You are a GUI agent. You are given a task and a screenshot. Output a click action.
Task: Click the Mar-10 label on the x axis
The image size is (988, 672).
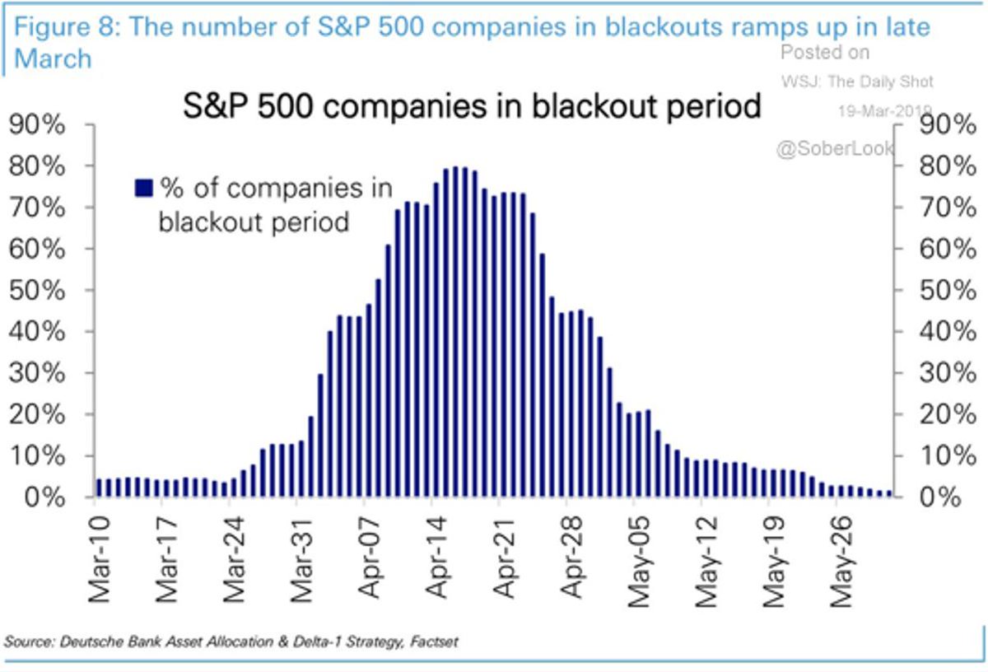(x=100, y=560)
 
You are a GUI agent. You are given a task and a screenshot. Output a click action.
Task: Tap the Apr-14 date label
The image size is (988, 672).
(x=436, y=558)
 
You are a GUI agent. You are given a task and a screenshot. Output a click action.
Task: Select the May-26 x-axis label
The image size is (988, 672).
(x=841, y=562)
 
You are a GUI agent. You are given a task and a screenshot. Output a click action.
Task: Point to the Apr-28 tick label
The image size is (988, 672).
(x=571, y=558)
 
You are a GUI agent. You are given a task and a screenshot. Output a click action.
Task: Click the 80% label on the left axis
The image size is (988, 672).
(x=37, y=166)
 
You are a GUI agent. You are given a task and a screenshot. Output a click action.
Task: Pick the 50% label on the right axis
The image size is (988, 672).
(x=948, y=291)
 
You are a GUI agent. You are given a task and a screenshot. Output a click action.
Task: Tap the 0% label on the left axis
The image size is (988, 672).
(x=44, y=497)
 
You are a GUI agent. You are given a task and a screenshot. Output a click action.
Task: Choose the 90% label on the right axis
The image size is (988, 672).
(x=948, y=124)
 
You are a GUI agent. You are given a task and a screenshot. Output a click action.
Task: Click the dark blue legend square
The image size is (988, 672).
(x=144, y=188)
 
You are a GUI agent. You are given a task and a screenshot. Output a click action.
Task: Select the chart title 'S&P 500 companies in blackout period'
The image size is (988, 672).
(x=472, y=106)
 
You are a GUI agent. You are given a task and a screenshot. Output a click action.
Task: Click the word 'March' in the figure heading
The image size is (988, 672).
(x=53, y=58)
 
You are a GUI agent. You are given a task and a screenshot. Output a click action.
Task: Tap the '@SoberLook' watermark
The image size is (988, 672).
(x=836, y=149)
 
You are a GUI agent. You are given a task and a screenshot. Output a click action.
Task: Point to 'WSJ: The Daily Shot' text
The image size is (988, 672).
(x=857, y=82)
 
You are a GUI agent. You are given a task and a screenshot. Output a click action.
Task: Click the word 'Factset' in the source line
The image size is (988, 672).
(x=434, y=641)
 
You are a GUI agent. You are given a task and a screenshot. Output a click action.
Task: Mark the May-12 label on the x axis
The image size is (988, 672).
(x=706, y=562)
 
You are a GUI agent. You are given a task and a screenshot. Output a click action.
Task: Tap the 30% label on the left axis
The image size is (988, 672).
(x=37, y=373)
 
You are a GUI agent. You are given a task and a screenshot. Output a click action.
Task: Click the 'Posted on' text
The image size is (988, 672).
(x=825, y=53)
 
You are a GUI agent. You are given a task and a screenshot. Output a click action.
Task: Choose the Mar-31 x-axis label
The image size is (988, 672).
(x=301, y=560)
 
